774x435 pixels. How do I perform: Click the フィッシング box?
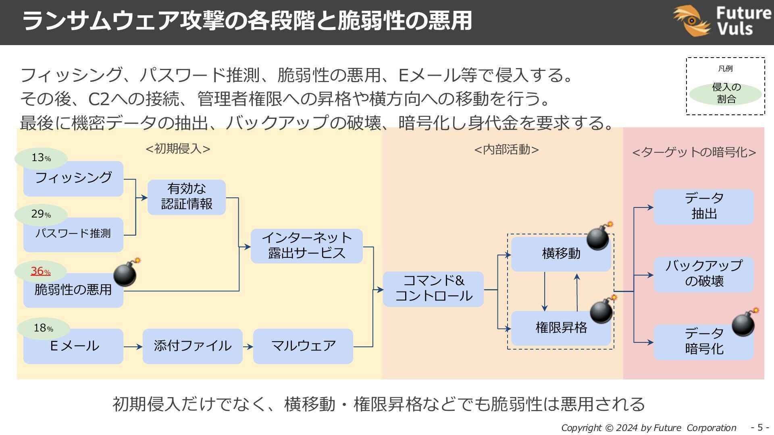click(x=73, y=178)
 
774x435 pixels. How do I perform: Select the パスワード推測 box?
click(x=73, y=234)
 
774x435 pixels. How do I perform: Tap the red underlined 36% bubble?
click(x=40, y=271)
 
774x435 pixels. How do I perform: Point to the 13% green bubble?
click(x=41, y=158)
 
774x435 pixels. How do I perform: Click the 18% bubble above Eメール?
click(x=43, y=328)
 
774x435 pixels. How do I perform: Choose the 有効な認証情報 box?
click(x=186, y=197)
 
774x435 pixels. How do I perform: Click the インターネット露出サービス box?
click(x=306, y=246)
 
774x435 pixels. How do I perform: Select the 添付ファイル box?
click(x=192, y=346)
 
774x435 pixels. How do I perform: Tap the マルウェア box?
click(x=303, y=346)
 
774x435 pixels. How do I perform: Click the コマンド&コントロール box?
click(x=433, y=289)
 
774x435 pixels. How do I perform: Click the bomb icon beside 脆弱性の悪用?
click(x=125, y=273)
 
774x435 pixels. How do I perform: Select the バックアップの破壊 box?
click(x=703, y=274)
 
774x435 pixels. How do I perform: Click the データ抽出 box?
click(x=703, y=207)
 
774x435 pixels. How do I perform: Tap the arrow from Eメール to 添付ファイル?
click(x=133, y=346)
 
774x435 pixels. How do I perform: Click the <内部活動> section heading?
click(x=506, y=149)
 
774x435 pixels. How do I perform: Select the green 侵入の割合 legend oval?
click(x=725, y=93)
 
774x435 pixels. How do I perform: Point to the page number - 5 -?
click(x=759, y=427)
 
